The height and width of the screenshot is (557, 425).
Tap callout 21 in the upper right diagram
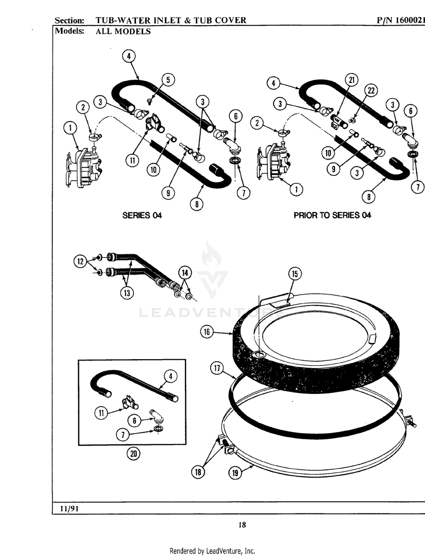click(x=351, y=80)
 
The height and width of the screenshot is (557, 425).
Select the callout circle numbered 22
click(x=371, y=91)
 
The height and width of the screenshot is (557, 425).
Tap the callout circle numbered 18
click(x=198, y=471)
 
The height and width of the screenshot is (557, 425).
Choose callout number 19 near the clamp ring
click(x=235, y=473)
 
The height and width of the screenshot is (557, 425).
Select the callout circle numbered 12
click(x=80, y=262)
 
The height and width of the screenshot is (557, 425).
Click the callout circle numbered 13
click(x=127, y=292)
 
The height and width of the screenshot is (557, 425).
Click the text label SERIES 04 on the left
click(x=142, y=215)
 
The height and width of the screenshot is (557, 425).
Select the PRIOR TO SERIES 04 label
click(x=332, y=215)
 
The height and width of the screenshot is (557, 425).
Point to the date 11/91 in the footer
click(x=66, y=508)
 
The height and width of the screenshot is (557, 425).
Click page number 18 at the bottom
click(x=242, y=525)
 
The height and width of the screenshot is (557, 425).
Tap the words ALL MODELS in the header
click(x=123, y=31)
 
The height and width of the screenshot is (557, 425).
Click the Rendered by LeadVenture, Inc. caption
click(x=212, y=551)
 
